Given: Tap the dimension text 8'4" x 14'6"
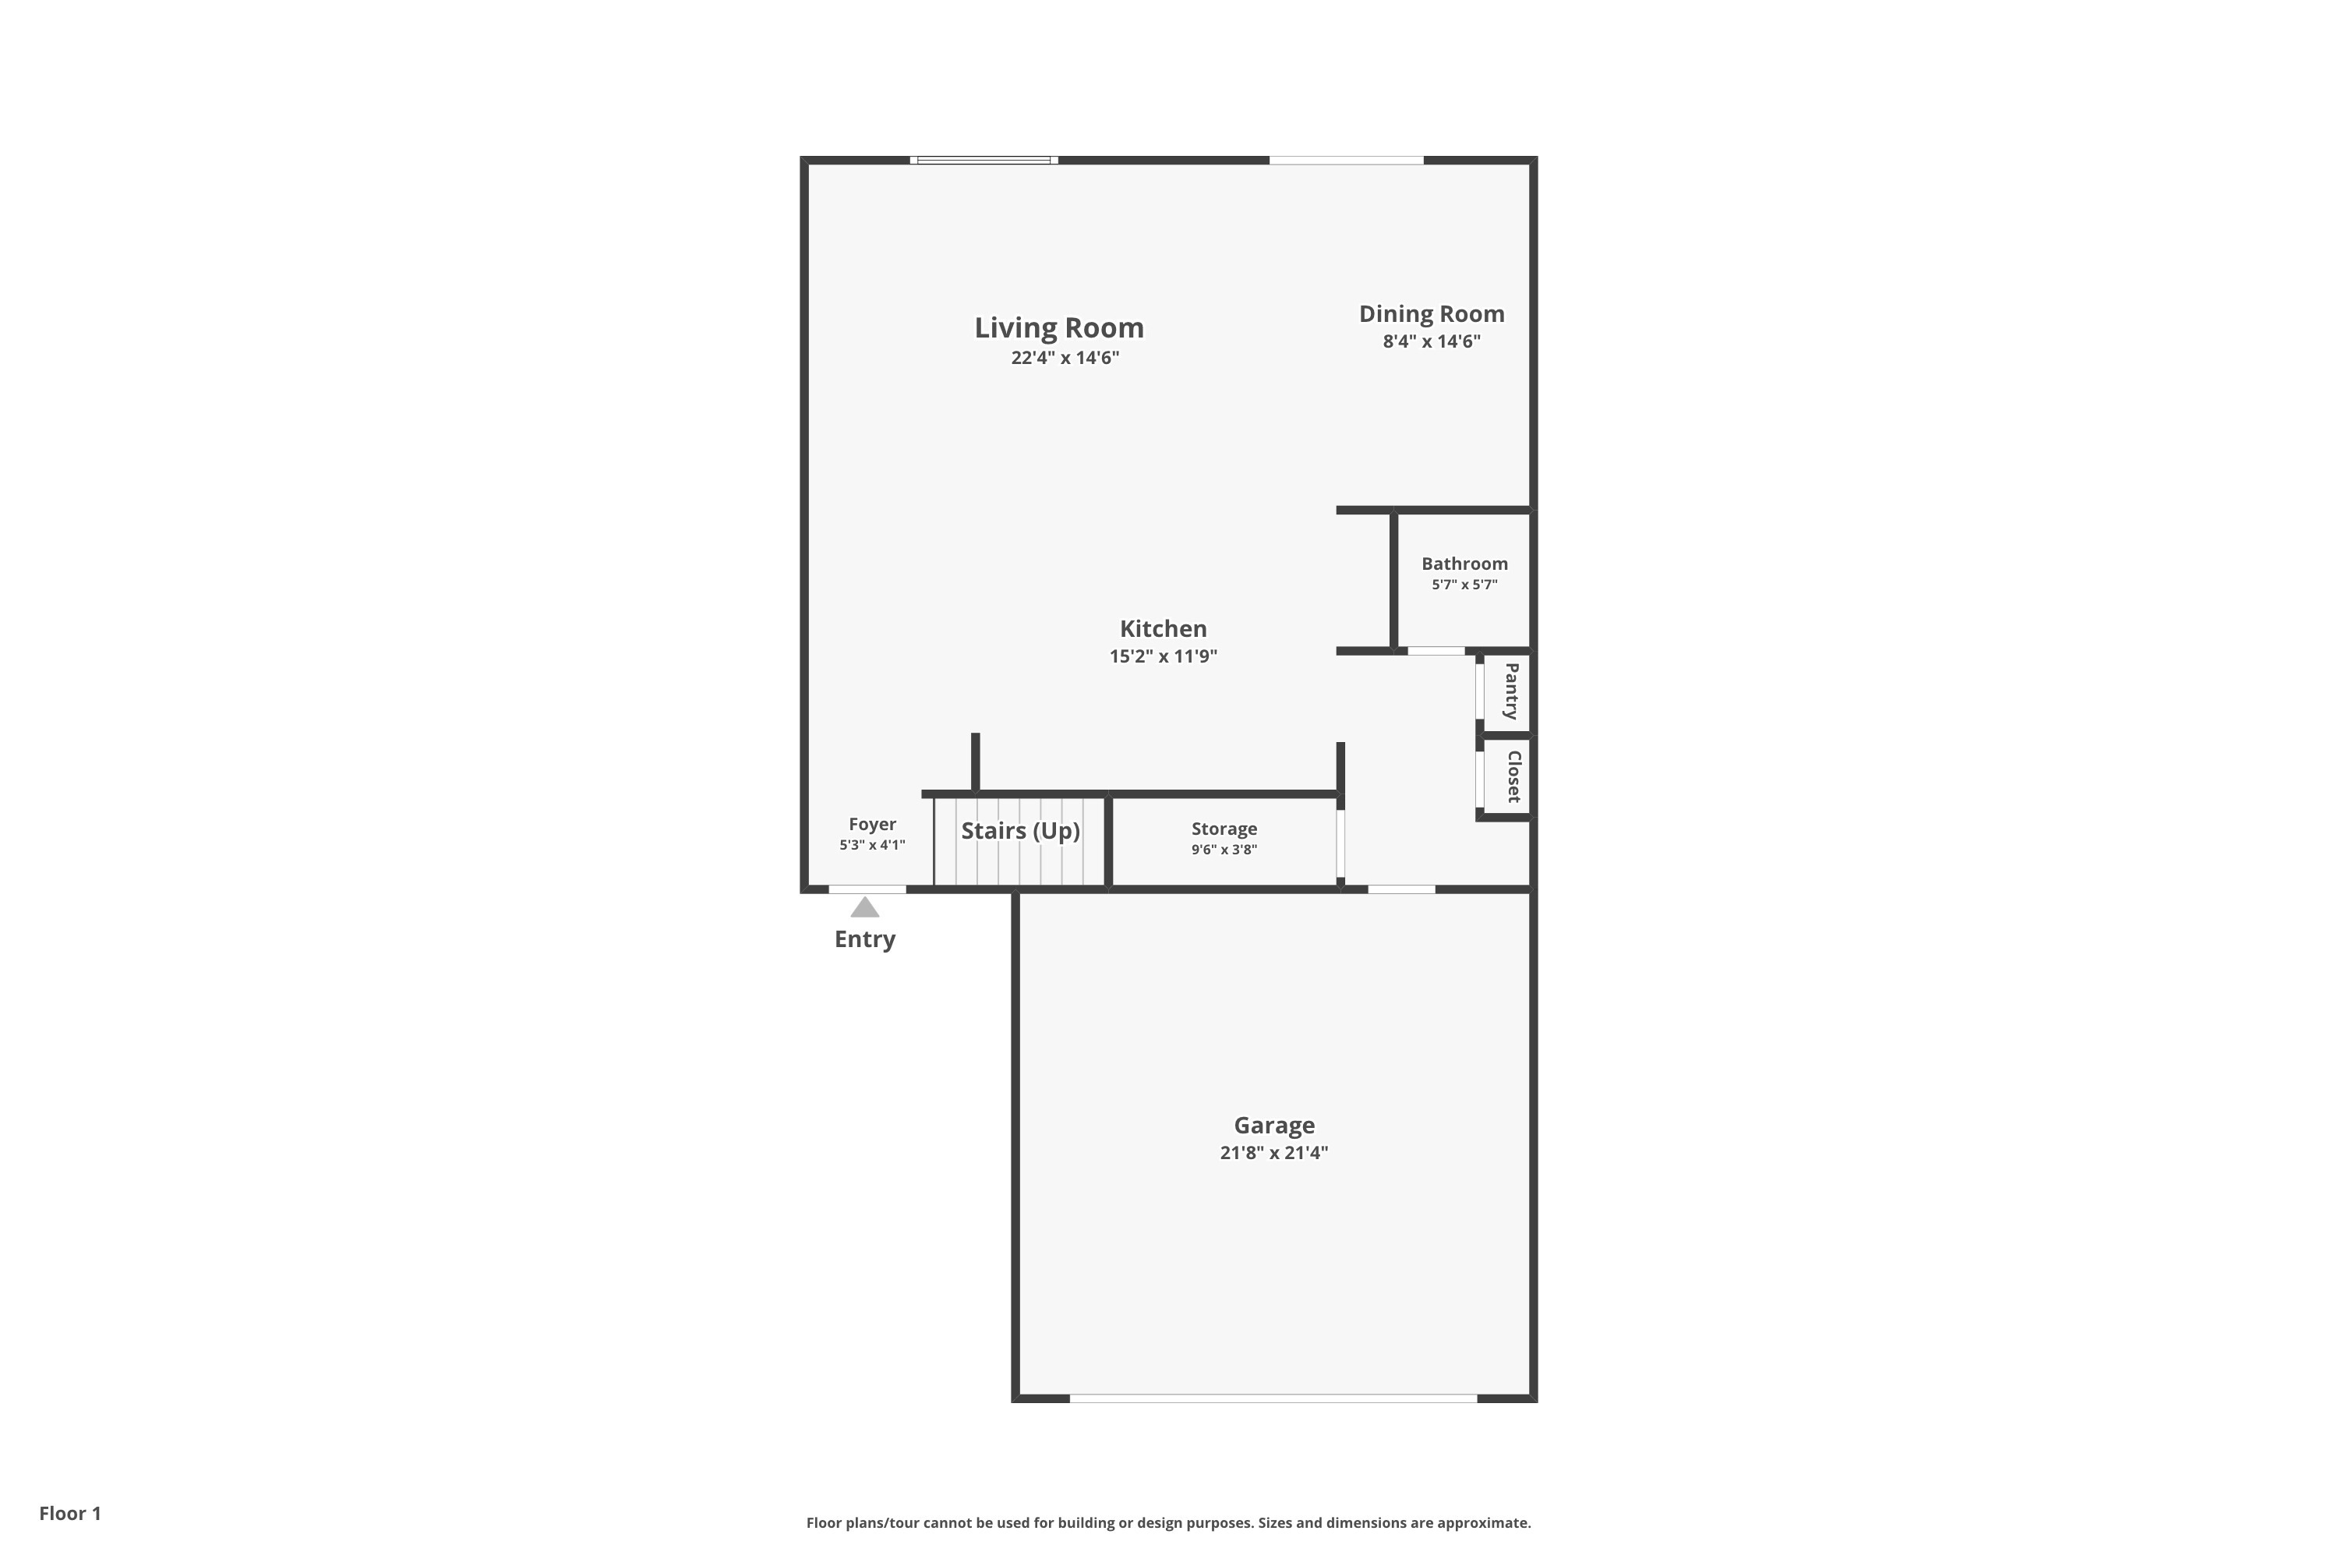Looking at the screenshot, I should tap(1432, 342).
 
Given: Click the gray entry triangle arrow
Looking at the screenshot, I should tap(865, 908).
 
